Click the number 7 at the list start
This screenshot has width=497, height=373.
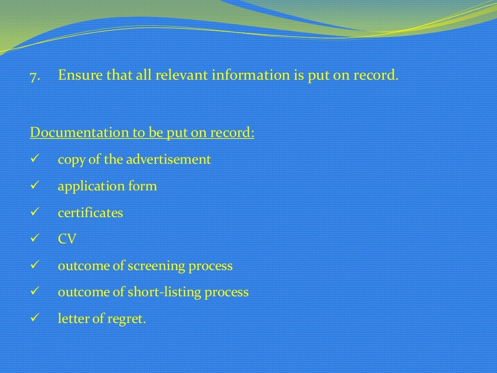coord(33,77)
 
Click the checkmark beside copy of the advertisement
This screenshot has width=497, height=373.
coord(34,159)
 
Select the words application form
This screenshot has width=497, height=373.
coord(107,186)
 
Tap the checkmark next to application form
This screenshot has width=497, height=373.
coord(34,186)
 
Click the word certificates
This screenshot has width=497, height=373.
coord(90,213)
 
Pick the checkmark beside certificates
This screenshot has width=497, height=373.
coord(34,213)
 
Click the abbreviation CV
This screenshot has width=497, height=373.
coord(67,239)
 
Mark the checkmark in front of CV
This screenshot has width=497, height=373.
coord(34,239)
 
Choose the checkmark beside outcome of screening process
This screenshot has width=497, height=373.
coord(34,266)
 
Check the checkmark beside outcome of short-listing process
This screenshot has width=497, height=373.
coord(34,292)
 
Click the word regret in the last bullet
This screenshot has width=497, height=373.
coord(129,320)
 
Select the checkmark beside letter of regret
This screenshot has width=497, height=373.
coord(34,319)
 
